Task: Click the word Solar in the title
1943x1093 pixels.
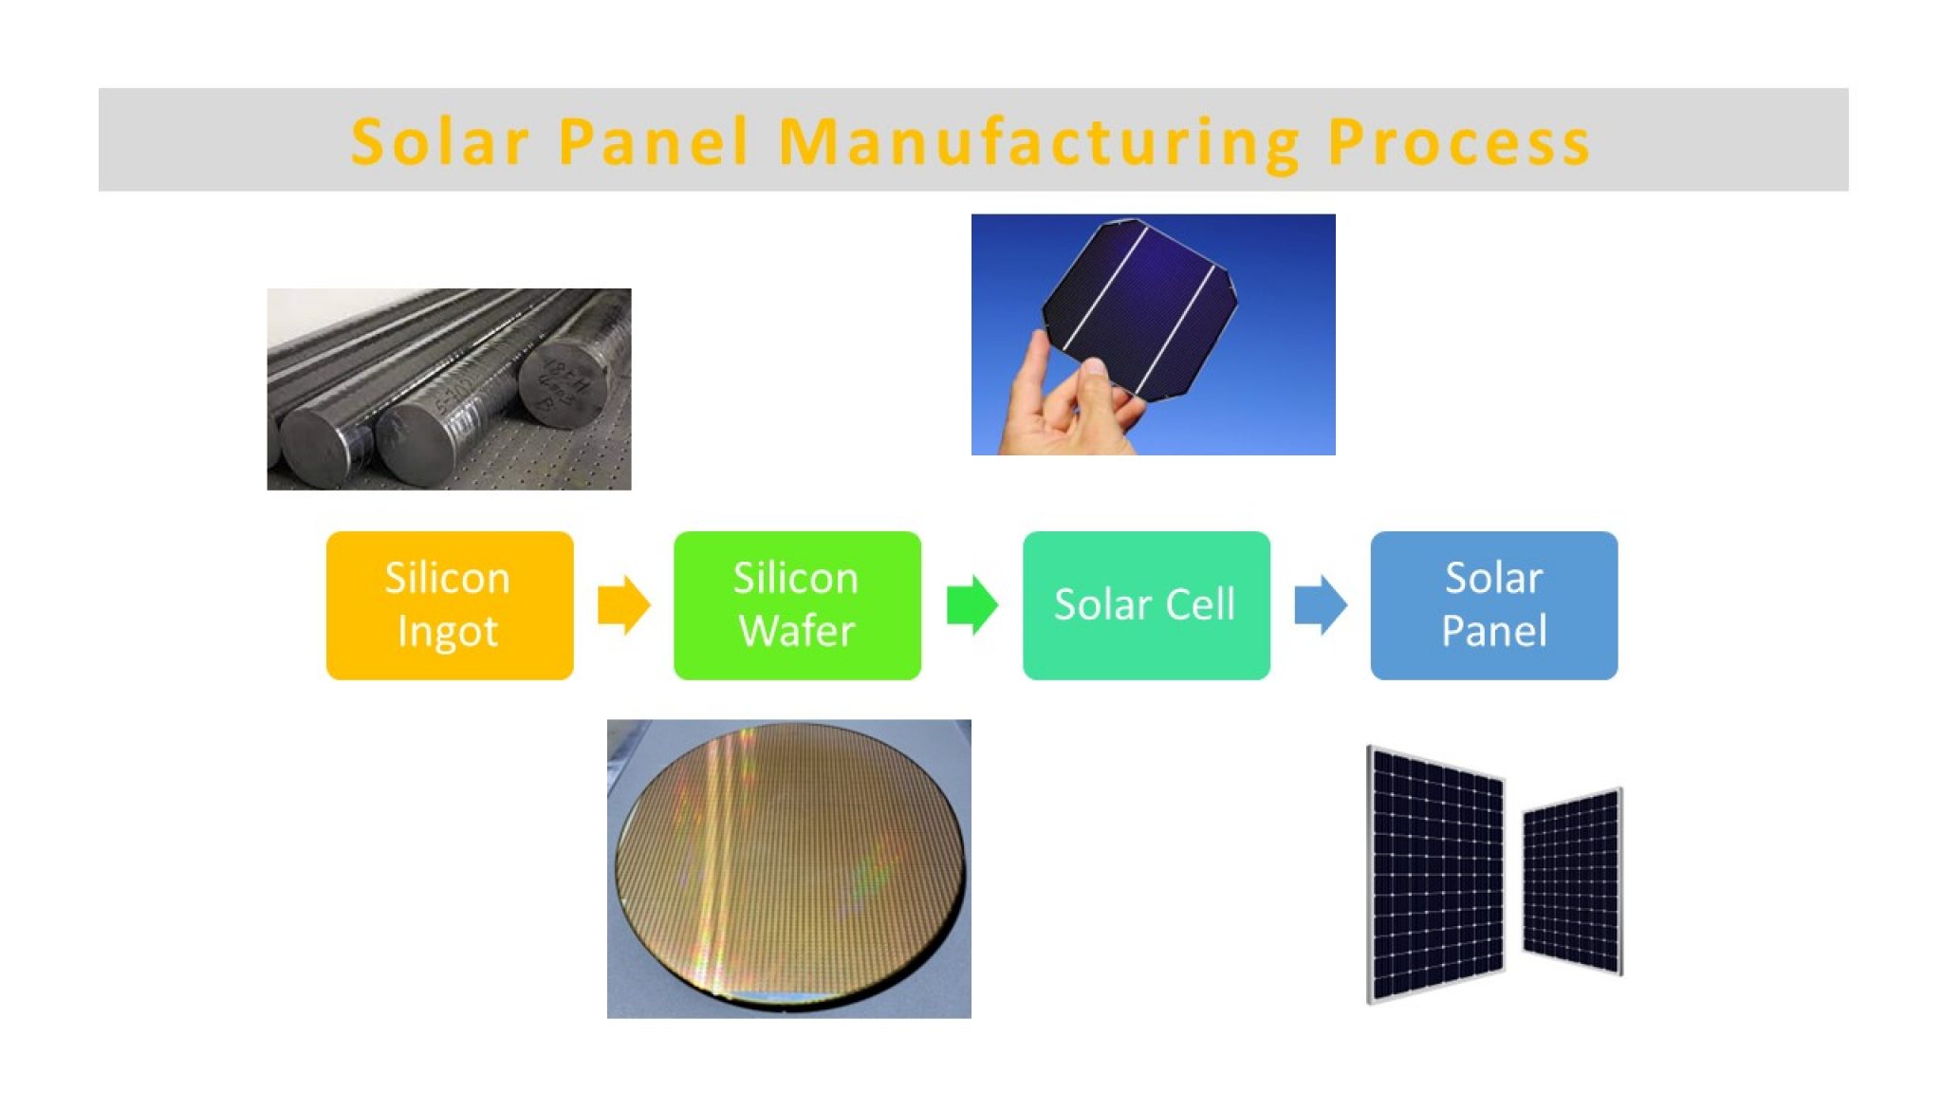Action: click(438, 142)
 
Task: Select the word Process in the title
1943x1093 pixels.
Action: click(1458, 142)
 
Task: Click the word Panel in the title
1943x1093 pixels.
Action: click(655, 142)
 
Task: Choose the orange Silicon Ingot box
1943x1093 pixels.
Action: click(449, 604)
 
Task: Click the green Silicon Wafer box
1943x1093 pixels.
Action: click(797, 604)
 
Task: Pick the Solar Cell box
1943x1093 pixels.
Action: click(1145, 604)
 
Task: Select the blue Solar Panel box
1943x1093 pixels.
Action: click(1493, 604)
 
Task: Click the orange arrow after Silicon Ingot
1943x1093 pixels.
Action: click(623, 604)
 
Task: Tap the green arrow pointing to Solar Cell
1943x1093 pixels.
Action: click(971, 604)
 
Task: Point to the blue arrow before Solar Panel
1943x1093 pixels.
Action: click(1320, 604)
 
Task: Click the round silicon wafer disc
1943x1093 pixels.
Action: click(789, 863)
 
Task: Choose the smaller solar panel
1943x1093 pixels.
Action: click(1572, 882)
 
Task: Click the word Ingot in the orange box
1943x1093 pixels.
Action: click(448, 632)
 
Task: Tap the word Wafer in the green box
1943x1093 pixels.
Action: click(797, 632)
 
